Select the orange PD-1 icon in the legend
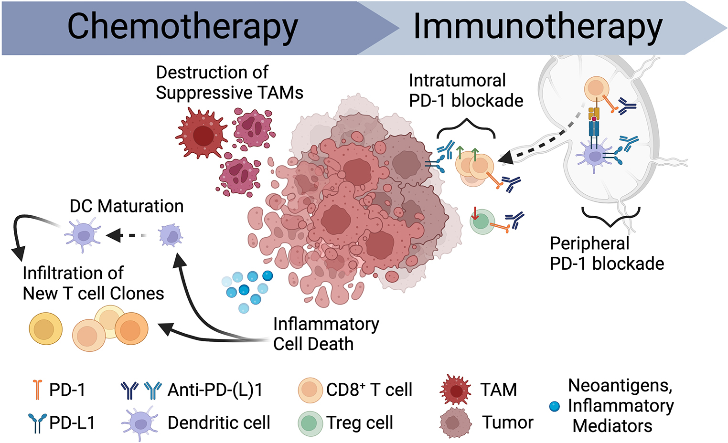coord(37,389)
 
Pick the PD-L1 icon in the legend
coord(37,423)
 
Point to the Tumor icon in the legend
coord(455,423)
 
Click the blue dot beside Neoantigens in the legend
coord(554,406)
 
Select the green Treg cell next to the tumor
coord(482,222)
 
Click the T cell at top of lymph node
coord(596,89)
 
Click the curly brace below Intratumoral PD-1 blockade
coord(466,127)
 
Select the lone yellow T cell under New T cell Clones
coord(46,329)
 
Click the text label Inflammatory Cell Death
coord(326,334)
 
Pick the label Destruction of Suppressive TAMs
coord(229,83)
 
